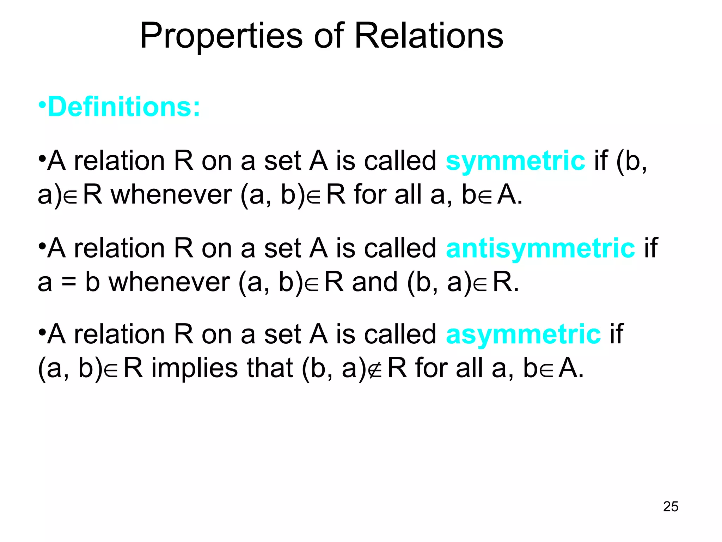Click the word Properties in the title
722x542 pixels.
(221, 36)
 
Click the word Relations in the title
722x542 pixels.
(429, 36)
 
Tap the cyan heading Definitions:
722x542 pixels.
(124, 107)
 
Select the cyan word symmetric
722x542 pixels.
(515, 161)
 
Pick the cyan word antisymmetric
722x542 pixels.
(540, 248)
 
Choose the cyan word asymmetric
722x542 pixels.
(523, 334)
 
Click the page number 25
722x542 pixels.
(671, 507)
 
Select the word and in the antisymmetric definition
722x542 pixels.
(375, 282)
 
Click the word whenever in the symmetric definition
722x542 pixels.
(172, 195)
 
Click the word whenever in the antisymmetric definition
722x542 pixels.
(169, 282)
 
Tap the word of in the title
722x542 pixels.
(329, 36)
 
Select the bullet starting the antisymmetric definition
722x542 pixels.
(42, 246)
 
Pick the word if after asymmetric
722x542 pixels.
(616, 334)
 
